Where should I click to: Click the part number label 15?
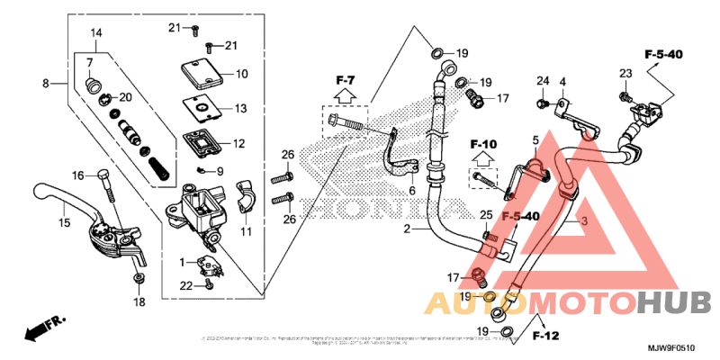(x=64, y=221)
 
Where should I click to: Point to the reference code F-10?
(x=483, y=144)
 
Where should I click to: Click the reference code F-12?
(x=545, y=337)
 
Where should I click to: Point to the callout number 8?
(x=46, y=83)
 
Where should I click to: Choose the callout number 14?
(x=96, y=33)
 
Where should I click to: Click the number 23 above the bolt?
(x=625, y=73)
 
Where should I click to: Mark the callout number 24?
(x=543, y=83)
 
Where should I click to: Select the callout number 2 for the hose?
(x=407, y=229)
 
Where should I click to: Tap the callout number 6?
(x=412, y=191)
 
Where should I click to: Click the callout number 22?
(x=184, y=285)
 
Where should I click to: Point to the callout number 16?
(x=77, y=175)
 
